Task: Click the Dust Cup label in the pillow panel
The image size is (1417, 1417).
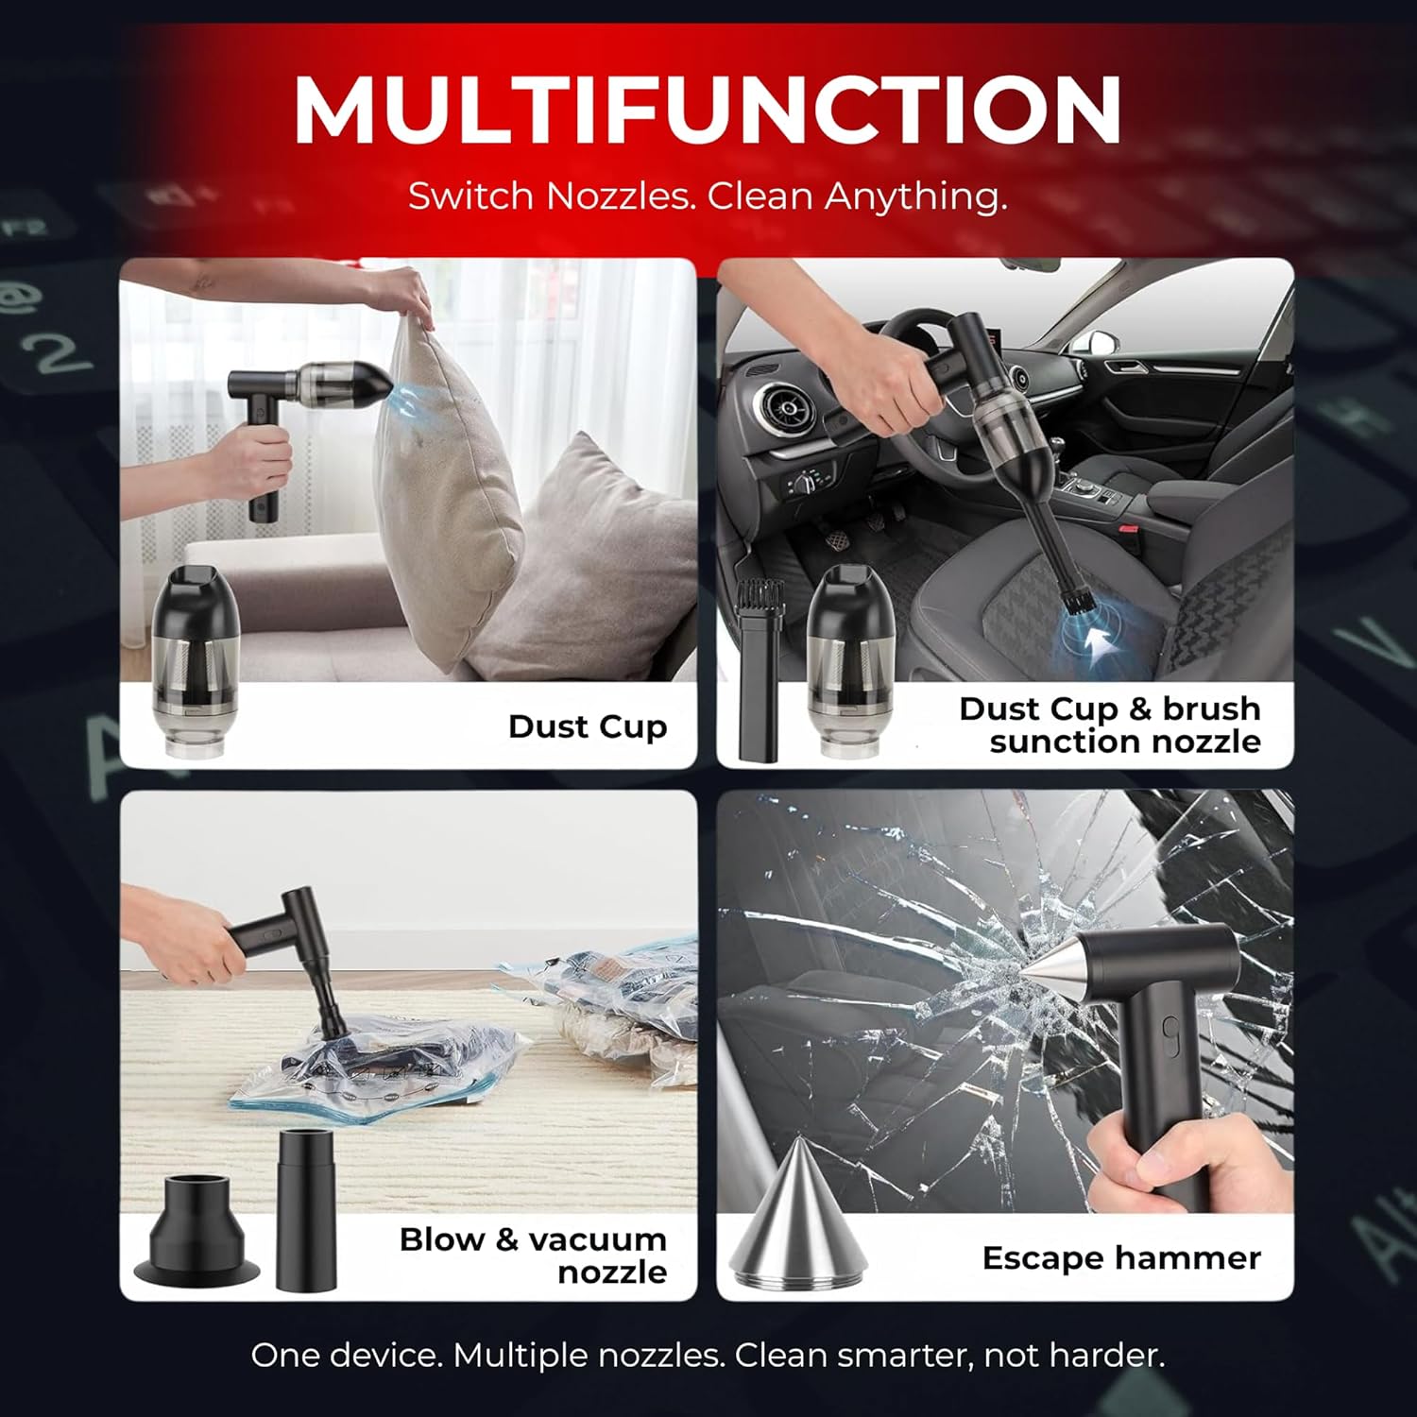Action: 588,726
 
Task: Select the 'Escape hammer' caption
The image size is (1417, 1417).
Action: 1121,1257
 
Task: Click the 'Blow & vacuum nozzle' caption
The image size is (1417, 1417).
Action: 533,1255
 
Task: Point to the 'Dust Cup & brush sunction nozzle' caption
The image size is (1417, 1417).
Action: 1110,725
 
